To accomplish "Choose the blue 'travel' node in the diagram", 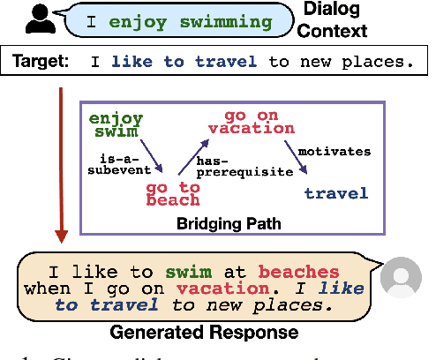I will pyautogui.click(x=335, y=191).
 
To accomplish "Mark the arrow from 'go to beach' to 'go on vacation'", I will pyautogui.click(x=192, y=159).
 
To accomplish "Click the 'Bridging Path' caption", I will pyautogui.click(x=232, y=224).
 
